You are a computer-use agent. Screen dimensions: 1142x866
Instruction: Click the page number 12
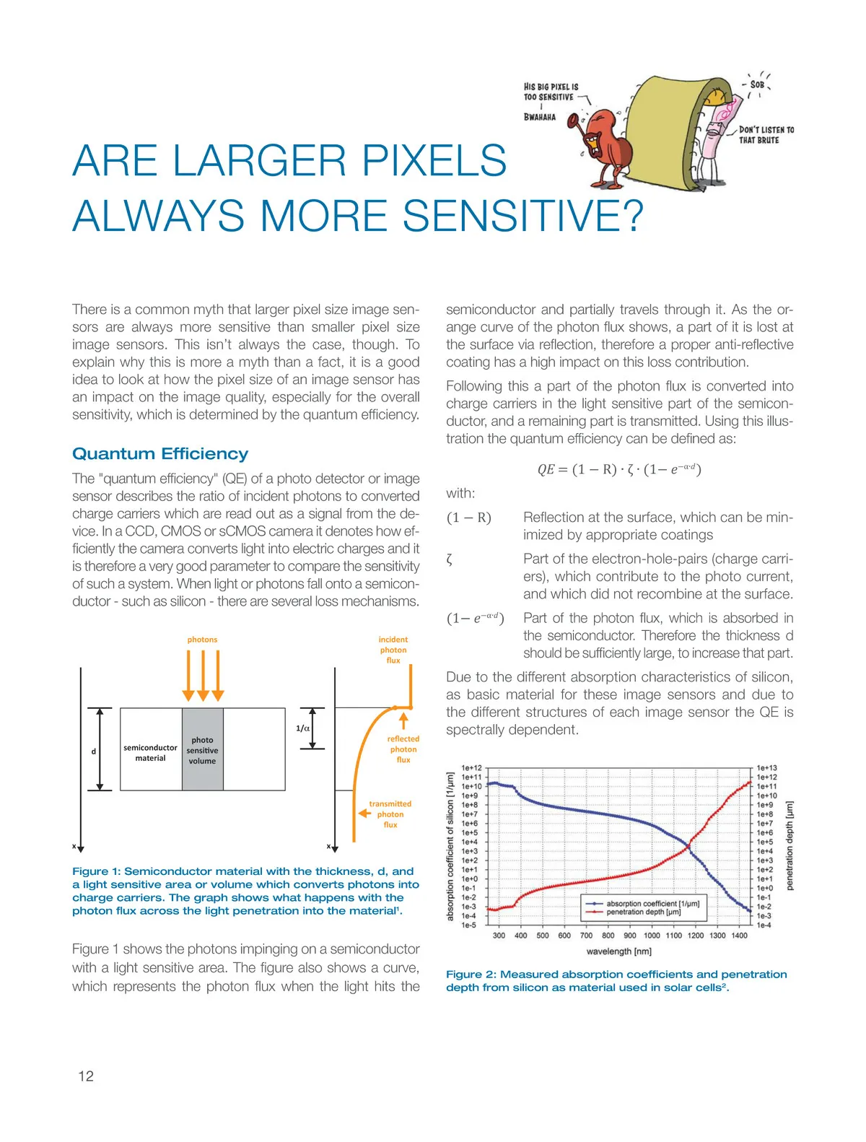click(86, 1076)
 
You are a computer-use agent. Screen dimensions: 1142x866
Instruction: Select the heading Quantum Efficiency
click(160, 454)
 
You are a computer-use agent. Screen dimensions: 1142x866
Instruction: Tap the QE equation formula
click(619, 469)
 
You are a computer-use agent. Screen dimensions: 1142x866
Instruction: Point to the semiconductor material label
click(150, 753)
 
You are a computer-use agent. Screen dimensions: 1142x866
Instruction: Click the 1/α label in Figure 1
click(303, 728)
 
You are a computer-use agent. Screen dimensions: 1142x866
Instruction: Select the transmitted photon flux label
click(390, 814)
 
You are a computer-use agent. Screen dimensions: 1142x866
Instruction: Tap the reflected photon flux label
click(403, 749)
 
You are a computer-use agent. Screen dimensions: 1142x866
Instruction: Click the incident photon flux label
click(393, 650)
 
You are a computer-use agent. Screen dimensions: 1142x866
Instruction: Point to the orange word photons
click(202, 640)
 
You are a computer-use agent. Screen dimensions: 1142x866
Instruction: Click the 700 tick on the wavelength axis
click(586, 936)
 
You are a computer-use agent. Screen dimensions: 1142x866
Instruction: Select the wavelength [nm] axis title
click(619, 951)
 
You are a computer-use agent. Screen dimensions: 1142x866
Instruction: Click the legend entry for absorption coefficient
click(652, 904)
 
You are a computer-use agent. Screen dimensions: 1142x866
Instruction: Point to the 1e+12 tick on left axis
click(471, 769)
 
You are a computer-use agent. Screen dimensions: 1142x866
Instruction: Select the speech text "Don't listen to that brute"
click(766, 135)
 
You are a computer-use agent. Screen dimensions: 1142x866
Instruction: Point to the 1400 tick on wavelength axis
click(739, 936)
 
